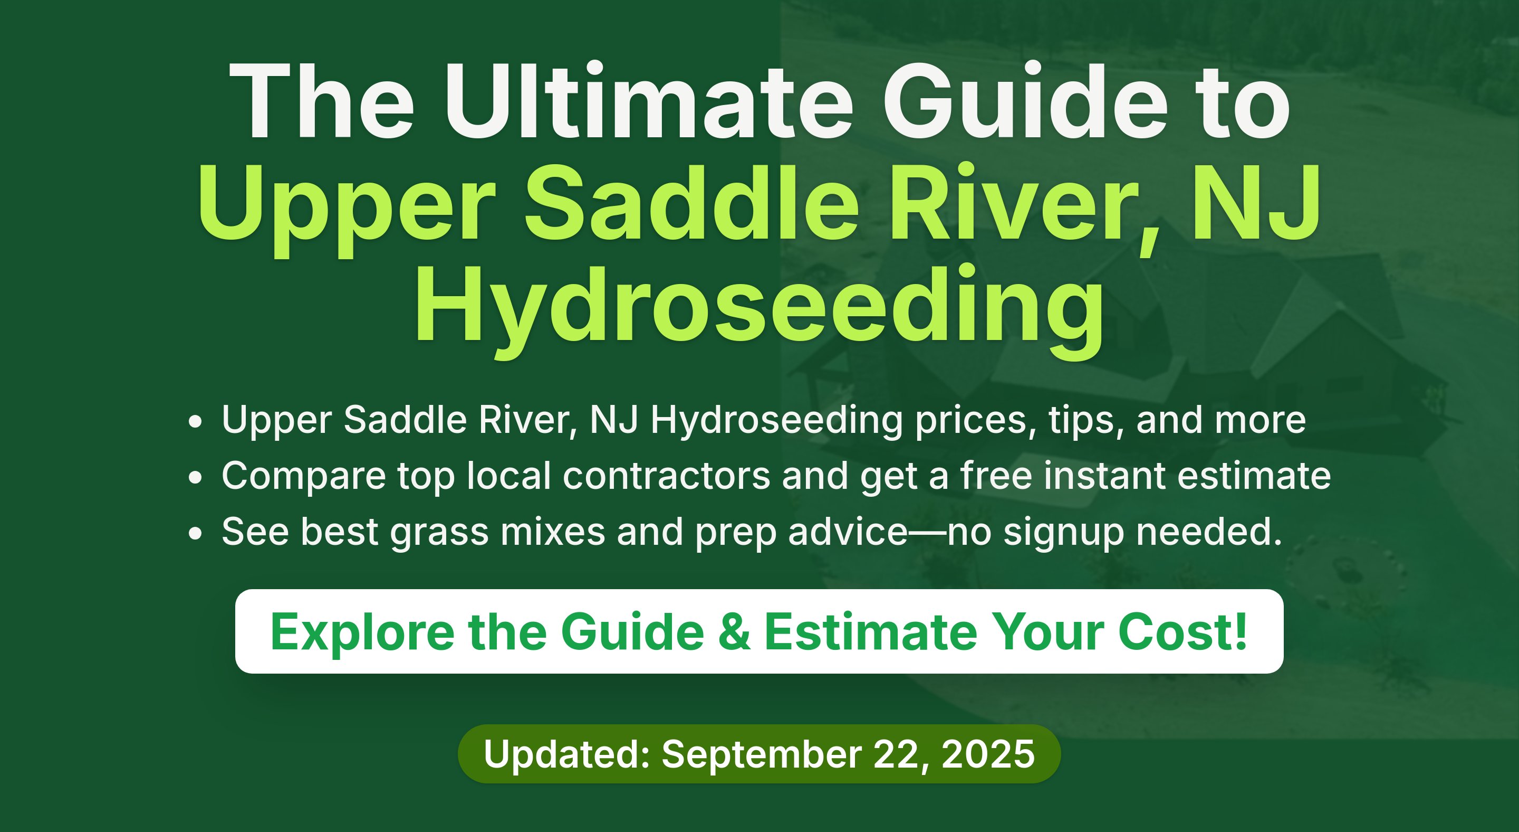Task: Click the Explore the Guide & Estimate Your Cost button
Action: [x=759, y=631]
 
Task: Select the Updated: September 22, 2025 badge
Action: [x=759, y=754]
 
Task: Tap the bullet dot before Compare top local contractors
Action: [x=195, y=477]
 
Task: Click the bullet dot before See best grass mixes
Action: [x=195, y=533]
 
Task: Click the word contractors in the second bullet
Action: [x=666, y=476]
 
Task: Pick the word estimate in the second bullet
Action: [x=1254, y=476]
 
